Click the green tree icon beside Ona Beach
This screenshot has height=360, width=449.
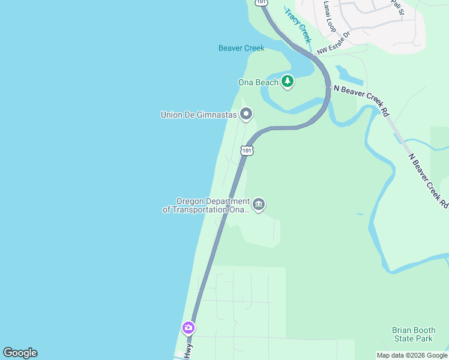288,81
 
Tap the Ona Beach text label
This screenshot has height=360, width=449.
259,82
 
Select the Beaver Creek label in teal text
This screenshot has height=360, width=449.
241,48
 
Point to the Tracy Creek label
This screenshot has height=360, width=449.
298,25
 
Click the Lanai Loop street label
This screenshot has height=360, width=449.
330,16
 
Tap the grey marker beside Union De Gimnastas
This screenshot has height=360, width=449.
246,113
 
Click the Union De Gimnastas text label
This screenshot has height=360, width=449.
199,115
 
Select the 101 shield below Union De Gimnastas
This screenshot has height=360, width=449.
247,150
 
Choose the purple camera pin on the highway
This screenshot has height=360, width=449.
188,328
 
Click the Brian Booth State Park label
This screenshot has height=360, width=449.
412,334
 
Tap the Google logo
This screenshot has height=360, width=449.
20,353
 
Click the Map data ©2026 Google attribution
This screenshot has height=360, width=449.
412,355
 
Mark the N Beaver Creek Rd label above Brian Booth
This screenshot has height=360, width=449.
428,181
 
